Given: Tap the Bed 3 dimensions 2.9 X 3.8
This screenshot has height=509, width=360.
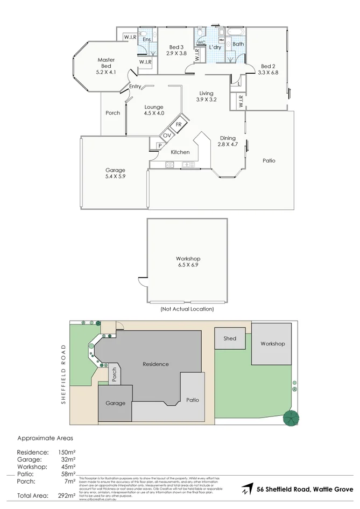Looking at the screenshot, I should [176, 53].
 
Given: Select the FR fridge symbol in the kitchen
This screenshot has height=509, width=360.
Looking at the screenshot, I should [178, 124].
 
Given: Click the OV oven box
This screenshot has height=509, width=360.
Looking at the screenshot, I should [166, 136].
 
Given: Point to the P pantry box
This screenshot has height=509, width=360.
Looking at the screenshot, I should [160, 145].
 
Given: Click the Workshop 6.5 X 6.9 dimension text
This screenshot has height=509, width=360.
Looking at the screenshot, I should [188, 265].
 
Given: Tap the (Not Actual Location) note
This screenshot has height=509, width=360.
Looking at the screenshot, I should [187, 309].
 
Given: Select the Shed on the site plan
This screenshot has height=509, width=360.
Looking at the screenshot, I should [230, 338].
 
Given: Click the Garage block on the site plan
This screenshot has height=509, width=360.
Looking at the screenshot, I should [115, 403].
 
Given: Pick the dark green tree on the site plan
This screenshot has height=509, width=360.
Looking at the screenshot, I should [291, 418].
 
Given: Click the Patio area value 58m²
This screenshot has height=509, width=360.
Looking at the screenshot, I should [67, 474].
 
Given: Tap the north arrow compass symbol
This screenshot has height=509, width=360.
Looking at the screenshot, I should [246, 490].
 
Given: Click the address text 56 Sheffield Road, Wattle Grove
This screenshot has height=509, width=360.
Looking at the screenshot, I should [305, 489].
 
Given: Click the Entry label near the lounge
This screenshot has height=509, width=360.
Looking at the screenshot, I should [135, 87].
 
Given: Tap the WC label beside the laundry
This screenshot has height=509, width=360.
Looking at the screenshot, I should [201, 42].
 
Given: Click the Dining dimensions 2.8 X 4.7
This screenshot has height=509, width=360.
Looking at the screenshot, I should [227, 144].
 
